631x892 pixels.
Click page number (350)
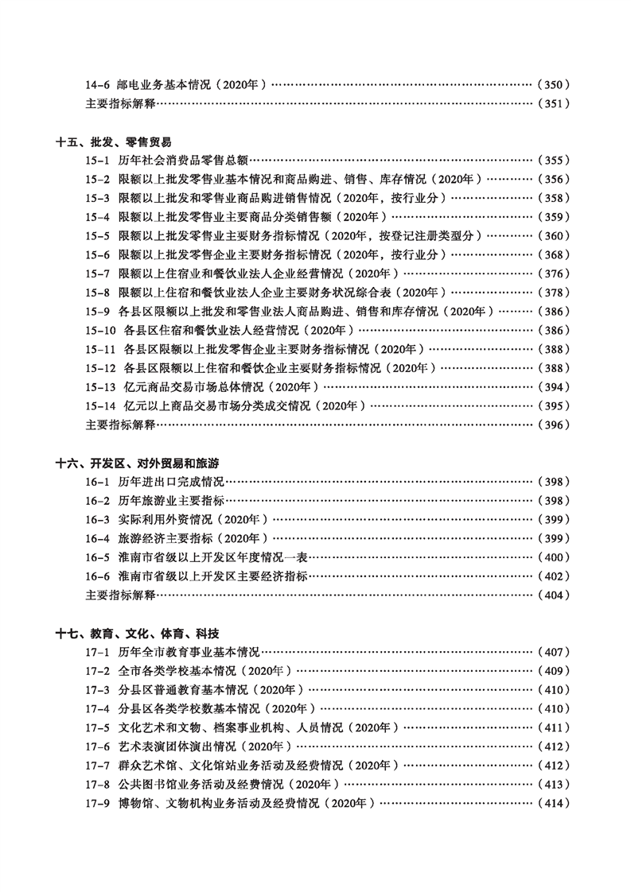(x=554, y=84)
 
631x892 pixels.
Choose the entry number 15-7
(x=97, y=274)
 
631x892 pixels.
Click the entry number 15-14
(x=100, y=406)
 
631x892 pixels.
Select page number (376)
(x=554, y=274)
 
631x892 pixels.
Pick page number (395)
(x=554, y=406)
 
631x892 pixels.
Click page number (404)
(x=554, y=595)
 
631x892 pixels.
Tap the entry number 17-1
(x=97, y=653)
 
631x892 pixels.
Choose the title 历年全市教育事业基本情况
(x=189, y=653)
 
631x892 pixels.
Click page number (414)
(x=554, y=804)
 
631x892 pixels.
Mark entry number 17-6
(x=97, y=747)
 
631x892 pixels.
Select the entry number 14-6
(x=97, y=84)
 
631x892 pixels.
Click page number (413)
(x=554, y=785)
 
